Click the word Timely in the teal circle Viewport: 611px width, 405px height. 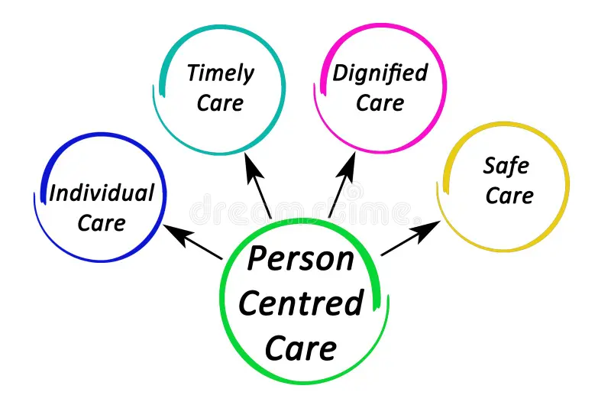coord(221,75)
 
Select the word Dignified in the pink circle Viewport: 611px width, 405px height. coord(380,74)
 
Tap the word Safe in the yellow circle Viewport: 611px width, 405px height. coord(506,165)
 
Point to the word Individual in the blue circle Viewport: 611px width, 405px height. coord(102,193)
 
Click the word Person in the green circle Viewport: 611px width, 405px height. coord(301,258)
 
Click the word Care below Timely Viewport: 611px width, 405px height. coord(220,103)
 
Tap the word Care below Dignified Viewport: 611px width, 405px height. coord(380,103)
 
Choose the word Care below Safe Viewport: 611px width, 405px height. coord(509,195)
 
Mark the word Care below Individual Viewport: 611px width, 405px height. coord(102,223)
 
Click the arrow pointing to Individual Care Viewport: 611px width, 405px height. coord(194,242)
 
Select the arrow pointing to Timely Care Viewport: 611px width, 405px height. coord(257,183)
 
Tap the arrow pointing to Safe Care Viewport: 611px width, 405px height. coord(412,238)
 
